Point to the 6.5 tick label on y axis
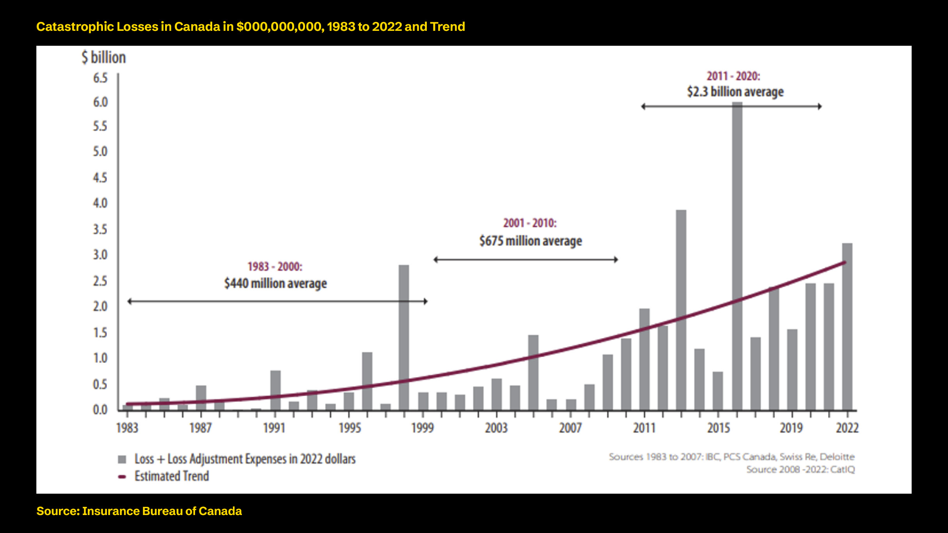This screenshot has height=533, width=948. tap(100, 78)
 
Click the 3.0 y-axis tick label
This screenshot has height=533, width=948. tap(100, 255)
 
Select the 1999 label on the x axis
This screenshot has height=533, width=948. tap(423, 428)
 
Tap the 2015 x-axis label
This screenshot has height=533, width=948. tap(718, 428)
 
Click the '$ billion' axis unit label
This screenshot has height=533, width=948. tap(104, 57)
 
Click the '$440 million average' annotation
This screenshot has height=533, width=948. tap(275, 283)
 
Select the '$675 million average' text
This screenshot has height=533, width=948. tap(531, 241)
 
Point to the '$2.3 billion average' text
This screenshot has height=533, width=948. tap(735, 92)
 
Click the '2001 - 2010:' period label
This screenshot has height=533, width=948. tap(530, 223)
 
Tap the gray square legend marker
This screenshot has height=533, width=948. tap(122, 459)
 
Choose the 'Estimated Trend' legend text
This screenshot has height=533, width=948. tap(172, 476)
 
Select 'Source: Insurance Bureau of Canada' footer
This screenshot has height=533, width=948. tap(139, 511)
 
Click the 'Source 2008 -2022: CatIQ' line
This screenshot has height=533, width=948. tap(801, 469)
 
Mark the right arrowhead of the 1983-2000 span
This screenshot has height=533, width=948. tap(426, 301)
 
